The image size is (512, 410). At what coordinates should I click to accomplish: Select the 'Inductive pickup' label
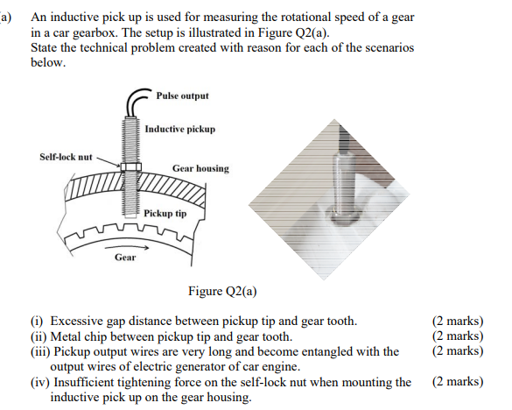179,129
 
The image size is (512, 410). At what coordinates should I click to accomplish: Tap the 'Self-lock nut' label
66,157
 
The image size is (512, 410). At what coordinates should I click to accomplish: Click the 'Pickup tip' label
165,213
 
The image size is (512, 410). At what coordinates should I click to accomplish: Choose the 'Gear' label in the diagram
125,257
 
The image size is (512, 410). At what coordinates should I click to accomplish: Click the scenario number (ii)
40,336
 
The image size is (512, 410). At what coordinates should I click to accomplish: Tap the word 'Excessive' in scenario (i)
79,321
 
